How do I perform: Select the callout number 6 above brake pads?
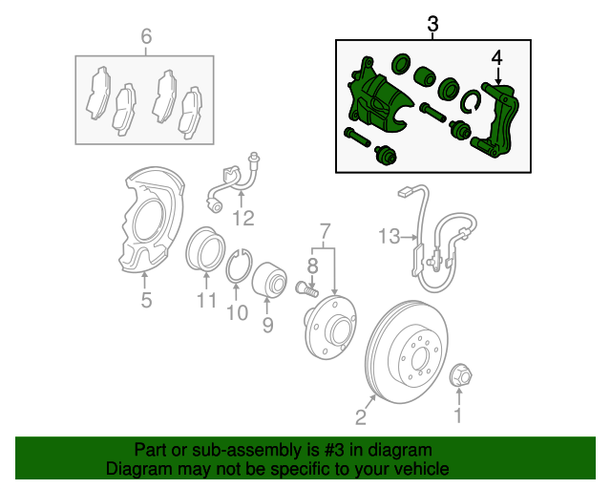(x=146, y=37)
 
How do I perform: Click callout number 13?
(x=390, y=235)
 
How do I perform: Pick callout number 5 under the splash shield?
(x=145, y=301)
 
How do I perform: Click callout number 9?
(x=267, y=326)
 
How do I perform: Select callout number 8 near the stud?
(x=312, y=265)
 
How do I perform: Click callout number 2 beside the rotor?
(x=361, y=415)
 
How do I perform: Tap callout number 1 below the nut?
(x=457, y=415)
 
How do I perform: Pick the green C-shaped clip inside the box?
(x=471, y=102)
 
